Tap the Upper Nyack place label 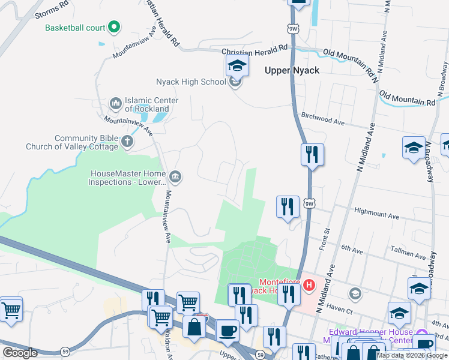pyautogui.click(x=292, y=70)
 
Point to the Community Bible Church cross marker pyautogui.click(x=127, y=142)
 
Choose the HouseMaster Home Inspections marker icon pyautogui.click(x=175, y=176)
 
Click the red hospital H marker pyautogui.click(x=309, y=284)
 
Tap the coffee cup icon pyautogui.click(x=228, y=330)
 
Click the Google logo pyautogui.click(x=20, y=353)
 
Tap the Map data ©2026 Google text pyautogui.click(x=412, y=355)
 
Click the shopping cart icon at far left pyautogui.click(x=11, y=310)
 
